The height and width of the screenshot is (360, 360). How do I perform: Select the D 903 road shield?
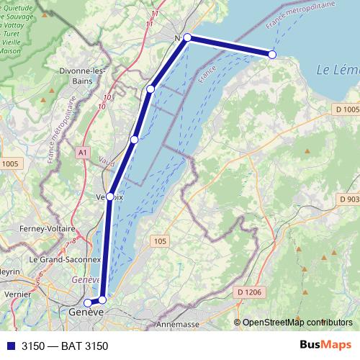(348, 199)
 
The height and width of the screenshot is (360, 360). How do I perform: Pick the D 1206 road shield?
(248, 292)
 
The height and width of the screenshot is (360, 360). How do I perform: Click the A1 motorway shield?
(82, 153)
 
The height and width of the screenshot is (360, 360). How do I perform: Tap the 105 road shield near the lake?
(159, 240)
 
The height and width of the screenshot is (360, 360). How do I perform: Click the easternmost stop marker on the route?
(272, 55)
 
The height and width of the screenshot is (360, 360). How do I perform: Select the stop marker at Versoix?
(110, 196)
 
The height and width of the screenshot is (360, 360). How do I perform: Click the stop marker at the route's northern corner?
(187, 37)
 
